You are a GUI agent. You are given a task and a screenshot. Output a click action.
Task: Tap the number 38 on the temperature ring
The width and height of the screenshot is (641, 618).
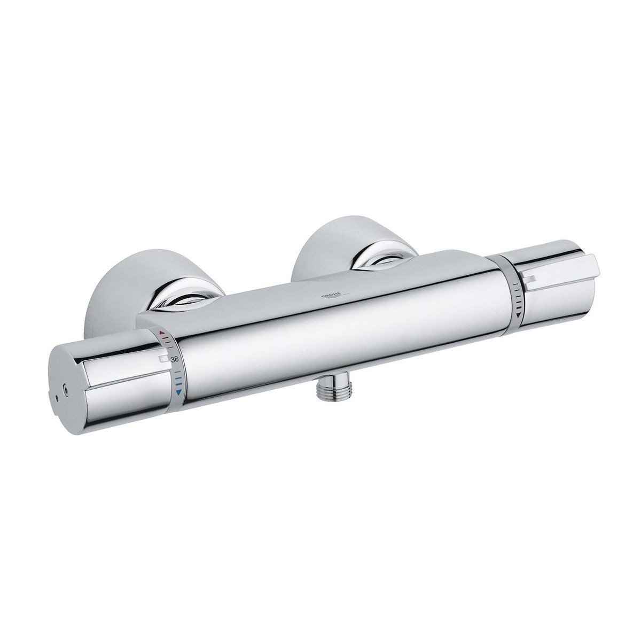(x=174, y=360)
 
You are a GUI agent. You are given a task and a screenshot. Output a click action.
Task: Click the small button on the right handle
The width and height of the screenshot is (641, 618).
(x=530, y=277)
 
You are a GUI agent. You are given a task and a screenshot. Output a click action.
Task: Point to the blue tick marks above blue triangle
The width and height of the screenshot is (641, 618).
(x=178, y=381)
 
